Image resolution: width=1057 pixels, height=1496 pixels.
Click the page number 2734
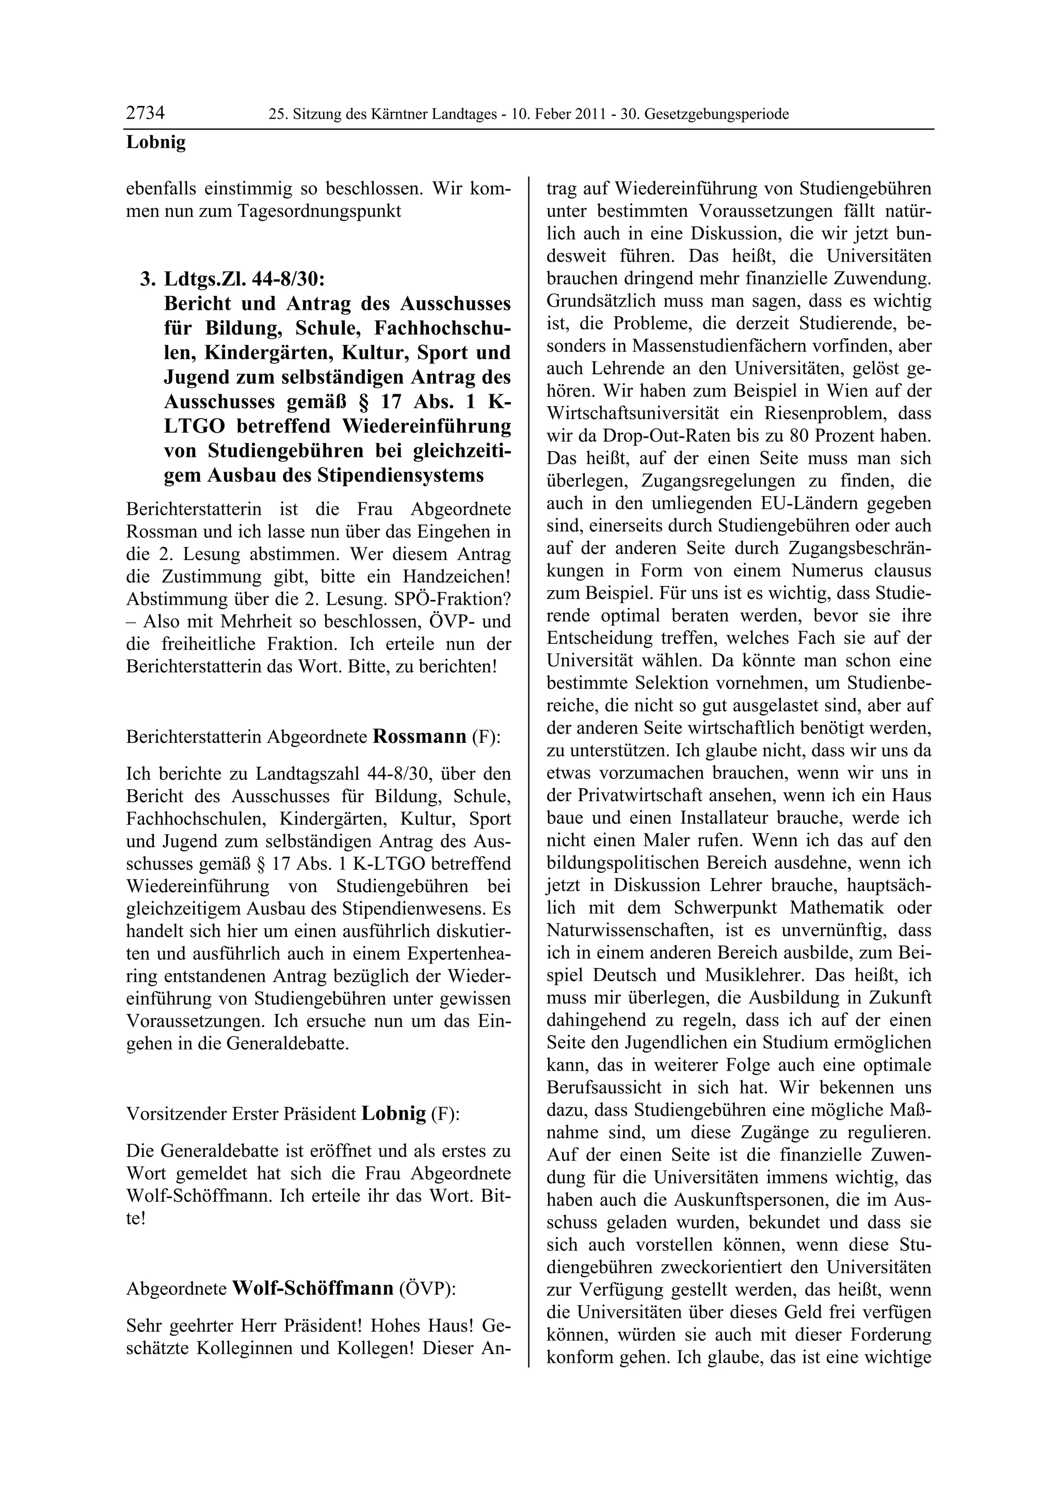pos(145,114)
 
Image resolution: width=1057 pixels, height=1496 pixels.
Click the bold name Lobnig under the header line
pos(156,142)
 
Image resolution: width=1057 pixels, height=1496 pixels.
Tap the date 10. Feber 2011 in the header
pos(560,115)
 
